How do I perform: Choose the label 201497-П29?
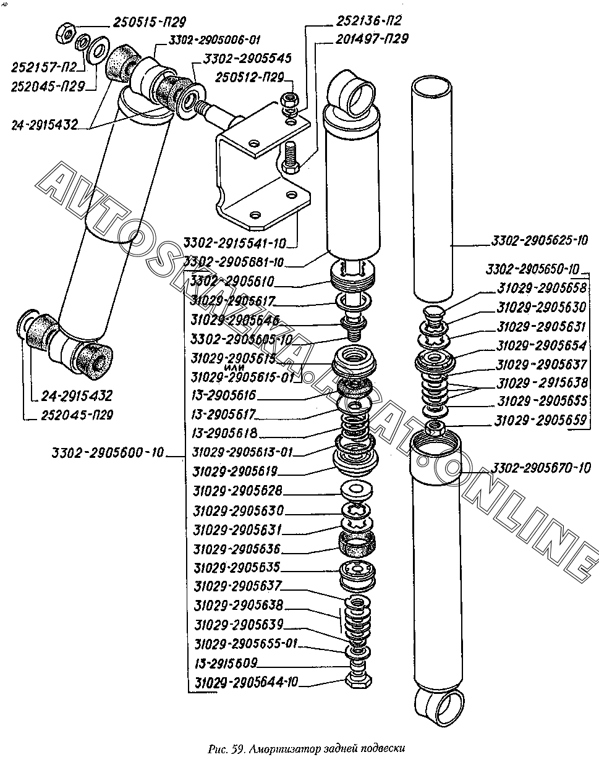(x=372, y=39)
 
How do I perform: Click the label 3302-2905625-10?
(x=540, y=240)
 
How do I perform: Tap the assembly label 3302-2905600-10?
(x=108, y=453)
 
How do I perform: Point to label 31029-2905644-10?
(x=246, y=682)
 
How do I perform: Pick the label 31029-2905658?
(x=542, y=287)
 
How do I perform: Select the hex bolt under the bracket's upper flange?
(x=291, y=159)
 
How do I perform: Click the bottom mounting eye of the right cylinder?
(x=440, y=705)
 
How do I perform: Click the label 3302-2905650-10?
(x=532, y=269)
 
